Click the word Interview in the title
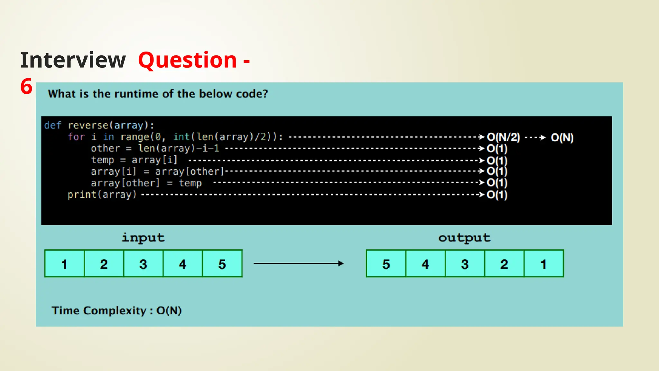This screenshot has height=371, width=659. click(x=73, y=60)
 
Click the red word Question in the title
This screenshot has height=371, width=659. click(x=188, y=60)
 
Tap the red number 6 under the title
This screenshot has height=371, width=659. click(x=26, y=87)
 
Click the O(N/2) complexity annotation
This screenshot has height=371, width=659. click(x=503, y=137)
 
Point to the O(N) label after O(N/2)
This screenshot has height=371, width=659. click(x=562, y=138)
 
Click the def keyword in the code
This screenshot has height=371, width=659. click(x=52, y=125)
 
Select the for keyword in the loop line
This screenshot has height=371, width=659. click(x=76, y=137)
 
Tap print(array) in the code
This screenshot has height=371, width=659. click(x=102, y=195)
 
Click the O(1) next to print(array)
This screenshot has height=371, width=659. click(x=497, y=195)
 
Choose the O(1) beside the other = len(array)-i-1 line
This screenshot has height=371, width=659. click(x=497, y=148)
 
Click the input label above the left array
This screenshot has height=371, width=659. click(x=143, y=238)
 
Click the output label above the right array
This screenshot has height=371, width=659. click(x=464, y=238)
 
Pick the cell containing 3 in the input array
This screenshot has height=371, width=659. click(x=143, y=264)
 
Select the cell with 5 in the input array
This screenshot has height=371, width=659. click(x=222, y=264)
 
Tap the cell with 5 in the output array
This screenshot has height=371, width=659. click(x=386, y=264)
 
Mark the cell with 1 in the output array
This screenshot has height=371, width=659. click(x=544, y=264)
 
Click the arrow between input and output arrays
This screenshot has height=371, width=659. click(x=298, y=263)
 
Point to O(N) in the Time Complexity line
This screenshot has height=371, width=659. click(x=169, y=311)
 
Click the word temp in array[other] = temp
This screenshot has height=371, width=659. click(x=190, y=183)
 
